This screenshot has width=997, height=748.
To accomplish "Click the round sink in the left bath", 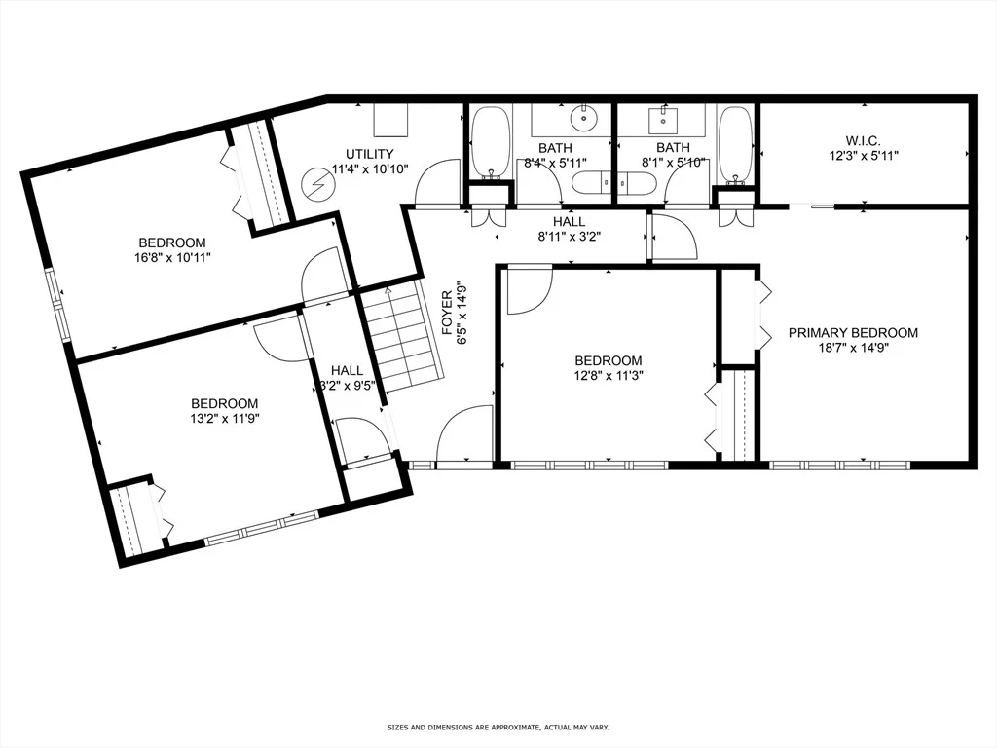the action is click(x=582, y=118).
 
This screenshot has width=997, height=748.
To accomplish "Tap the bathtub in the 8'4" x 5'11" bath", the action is click(x=491, y=142).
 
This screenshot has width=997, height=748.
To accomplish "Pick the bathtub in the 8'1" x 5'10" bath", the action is click(x=735, y=144).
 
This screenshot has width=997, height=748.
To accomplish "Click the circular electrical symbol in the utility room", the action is click(x=316, y=183).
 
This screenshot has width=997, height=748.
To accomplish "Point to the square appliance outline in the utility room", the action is click(x=390, y=120).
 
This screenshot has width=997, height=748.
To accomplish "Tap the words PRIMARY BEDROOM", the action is click(x=853, y=333).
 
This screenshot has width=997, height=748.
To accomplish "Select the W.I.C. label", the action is click(x=863, y=140).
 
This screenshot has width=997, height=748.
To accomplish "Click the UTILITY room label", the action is click(x=369, y=154).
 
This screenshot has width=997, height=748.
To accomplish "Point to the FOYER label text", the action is click(x=447, y=313).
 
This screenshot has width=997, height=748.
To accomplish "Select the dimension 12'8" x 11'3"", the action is click(x=609, y=375).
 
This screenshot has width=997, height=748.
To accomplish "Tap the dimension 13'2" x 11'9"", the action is click(x=225, y=419).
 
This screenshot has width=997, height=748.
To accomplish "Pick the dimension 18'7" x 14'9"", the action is click(x=853, y=348).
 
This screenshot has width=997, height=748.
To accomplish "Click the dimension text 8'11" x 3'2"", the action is click(x=569, y=237).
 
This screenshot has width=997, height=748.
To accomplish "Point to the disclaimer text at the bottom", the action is click(x=498, y=727).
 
